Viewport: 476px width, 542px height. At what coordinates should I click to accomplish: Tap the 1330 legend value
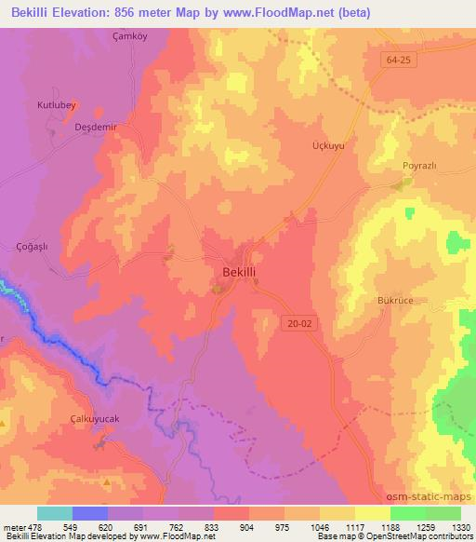[460, 527]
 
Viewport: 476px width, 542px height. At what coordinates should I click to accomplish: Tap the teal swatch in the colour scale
[55, 513]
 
